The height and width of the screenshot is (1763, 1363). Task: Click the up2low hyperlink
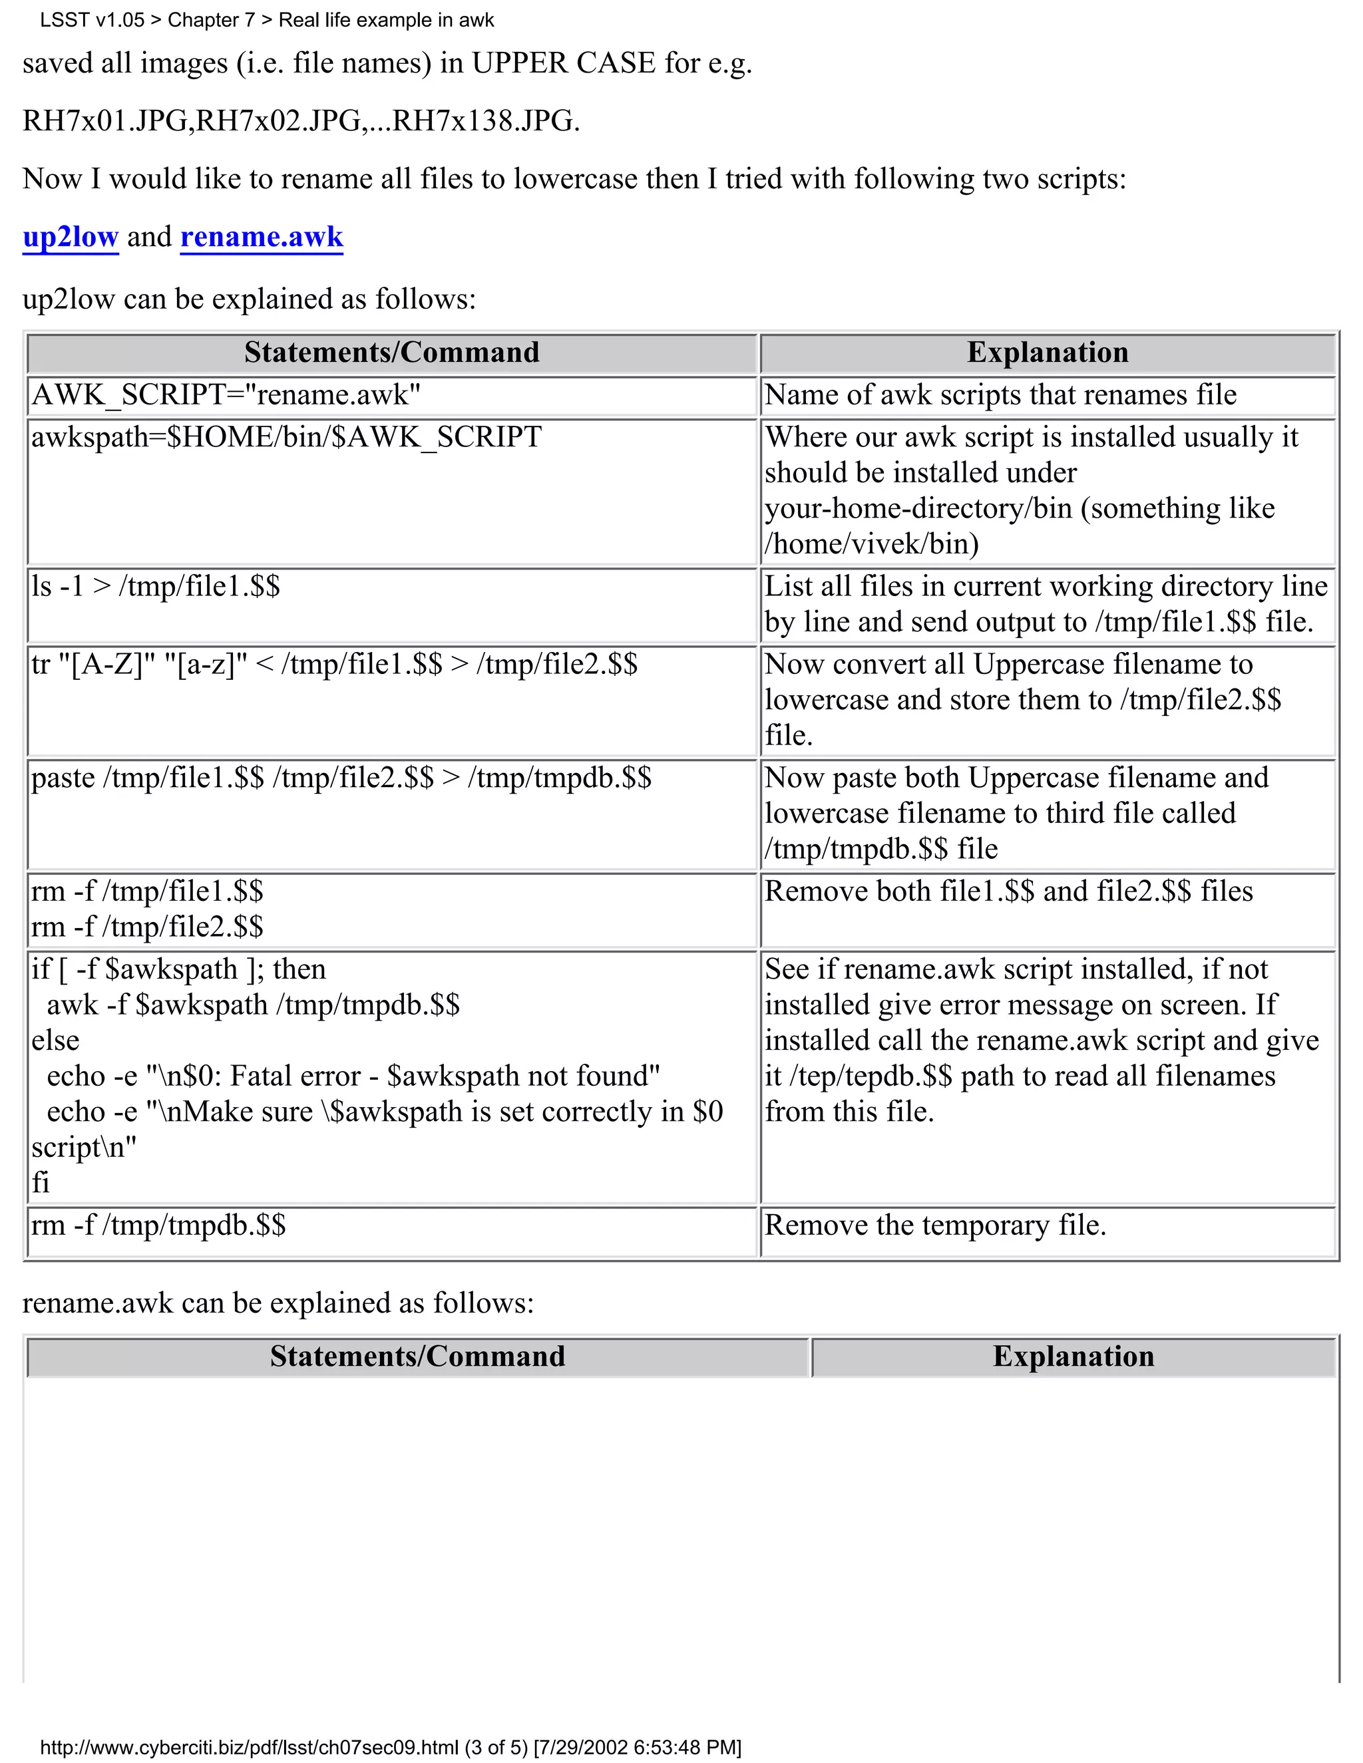point(71,237)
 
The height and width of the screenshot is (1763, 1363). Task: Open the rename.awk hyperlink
point(262,237)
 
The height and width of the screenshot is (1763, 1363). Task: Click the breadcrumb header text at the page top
point(266,20)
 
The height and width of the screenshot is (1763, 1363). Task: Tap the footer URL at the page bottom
point(390,1747)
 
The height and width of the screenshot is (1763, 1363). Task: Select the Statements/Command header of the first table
point(391,353)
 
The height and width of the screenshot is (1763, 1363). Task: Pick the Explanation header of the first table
point(1048,353)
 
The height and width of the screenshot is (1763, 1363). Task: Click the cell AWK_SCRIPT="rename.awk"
point(226,395)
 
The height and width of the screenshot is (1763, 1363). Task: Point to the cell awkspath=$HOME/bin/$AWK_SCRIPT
point(286,436)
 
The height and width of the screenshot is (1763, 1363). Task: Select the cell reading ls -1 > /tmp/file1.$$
point(155,586)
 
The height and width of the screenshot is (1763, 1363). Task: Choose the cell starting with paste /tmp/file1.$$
point(341,777)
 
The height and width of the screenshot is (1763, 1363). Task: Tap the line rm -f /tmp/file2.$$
point(147,927)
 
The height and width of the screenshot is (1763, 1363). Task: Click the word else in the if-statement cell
point(55,1041)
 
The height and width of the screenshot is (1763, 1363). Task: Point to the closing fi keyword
point(41,1183)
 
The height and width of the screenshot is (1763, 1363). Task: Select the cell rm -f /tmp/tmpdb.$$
point(158,1225)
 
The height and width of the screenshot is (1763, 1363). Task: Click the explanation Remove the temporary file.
point(935,1225)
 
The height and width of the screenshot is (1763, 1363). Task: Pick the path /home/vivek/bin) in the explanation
point(872,544)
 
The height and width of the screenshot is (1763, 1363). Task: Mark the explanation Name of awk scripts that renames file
point(1000,395)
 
